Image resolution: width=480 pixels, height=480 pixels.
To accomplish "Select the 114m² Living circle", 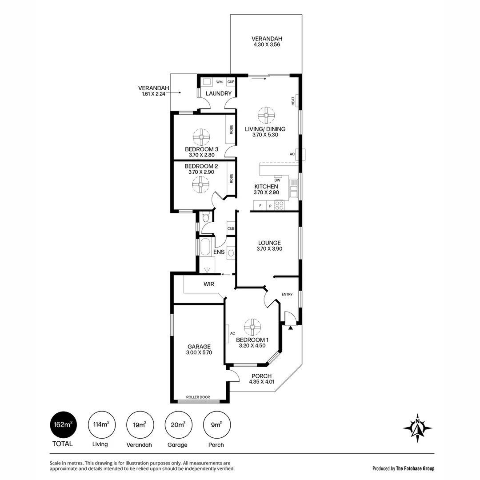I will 102,424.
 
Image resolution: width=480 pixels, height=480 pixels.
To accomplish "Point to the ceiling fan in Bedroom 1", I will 252,327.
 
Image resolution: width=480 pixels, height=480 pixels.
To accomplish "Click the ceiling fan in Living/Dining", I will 266,116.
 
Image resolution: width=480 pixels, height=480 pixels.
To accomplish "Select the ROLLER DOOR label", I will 198,397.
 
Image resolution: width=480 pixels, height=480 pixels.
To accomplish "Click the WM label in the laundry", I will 220,82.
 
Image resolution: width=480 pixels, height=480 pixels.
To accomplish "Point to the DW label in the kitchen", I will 277,180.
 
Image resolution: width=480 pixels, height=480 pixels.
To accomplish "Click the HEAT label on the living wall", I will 293,101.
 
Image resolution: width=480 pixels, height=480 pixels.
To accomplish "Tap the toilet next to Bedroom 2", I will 205,218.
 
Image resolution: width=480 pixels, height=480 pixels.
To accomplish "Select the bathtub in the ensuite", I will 205,247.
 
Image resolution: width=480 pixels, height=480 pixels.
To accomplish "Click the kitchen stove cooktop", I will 279,205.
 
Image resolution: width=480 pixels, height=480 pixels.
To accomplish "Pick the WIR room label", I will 209,284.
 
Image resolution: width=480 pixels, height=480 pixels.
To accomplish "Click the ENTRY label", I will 287,294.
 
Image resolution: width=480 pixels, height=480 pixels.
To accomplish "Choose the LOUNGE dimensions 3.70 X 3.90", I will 269,249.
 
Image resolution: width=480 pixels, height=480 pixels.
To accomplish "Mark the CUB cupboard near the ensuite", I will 231,228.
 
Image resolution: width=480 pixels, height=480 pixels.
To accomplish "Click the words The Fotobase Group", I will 415,468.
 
